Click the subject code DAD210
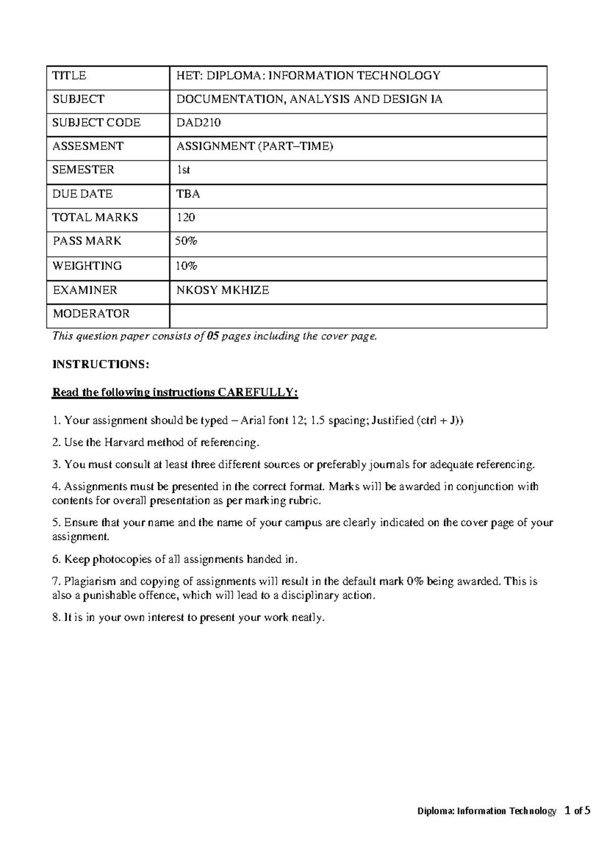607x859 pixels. pyautogui.click(x=198, y=123)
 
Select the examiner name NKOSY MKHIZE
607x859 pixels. pyautogui.click(x=222, y=290)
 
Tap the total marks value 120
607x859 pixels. pyautogui.click(x=185, y=218)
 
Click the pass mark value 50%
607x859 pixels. pyautogui.click(x=186, y=241)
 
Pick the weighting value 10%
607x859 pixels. pyautogui.click(x=186, y=266)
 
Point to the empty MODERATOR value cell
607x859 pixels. pyautogui.click(x=358, y=316)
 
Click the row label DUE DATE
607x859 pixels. pyautogui.click(x=82, y=194)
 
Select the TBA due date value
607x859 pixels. pyautogui.click(x=188, y=194)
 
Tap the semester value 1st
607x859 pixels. pyautogui.click(x=183, y=170)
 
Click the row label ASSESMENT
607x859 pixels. pyautogui.click(x=88, y=146)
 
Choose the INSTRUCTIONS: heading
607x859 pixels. pyautogui.click(x=101, y=365)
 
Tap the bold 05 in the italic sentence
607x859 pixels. pyautogui.click(x=212, y=336)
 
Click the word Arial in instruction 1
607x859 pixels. pyautogui.click(x=253, y=420)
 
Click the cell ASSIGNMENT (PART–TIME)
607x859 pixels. pyautogui.click(x=254, y=147)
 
